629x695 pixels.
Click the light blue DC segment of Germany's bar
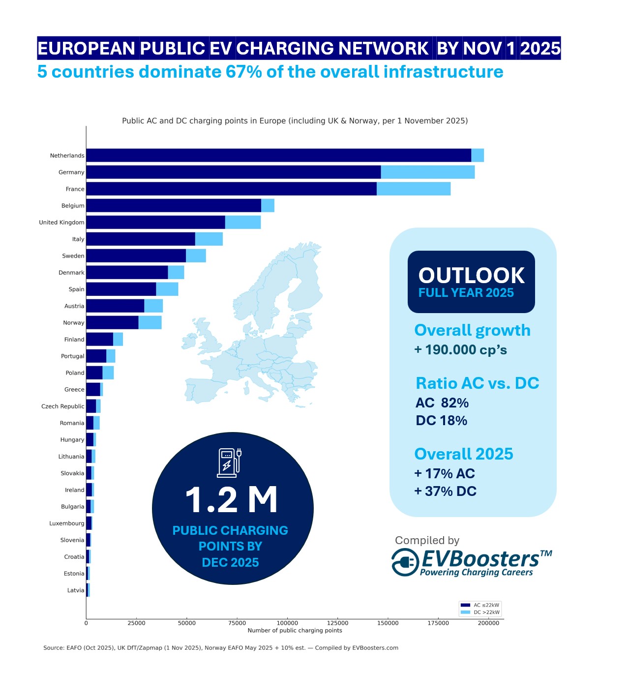[x=427, y=172]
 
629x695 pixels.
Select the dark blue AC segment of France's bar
[x=231, y=189]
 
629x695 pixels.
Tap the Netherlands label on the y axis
[x=67, y=156]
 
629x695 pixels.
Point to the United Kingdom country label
[x=62, y=223]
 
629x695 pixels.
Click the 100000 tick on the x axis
[x=287, y=623]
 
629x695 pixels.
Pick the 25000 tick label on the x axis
[x=136, y=623]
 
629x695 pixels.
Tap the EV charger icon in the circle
[x=229, y=463]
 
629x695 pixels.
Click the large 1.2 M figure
[x=231, y=500]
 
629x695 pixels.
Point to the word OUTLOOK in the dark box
[x=471, y=276]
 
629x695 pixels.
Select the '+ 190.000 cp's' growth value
[x=460, y=350]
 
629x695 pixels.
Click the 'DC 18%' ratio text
[x=441, y=421]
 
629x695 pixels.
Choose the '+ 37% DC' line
[x=446, y=492]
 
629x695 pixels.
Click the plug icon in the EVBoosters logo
[x=405, y=562]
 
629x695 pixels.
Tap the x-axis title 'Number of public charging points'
[x=295, y=631]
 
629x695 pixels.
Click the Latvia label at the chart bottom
[x=76, y=590]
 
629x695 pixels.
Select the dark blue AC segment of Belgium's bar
[x=173, y=205]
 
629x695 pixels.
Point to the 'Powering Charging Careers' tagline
[x=476, y=573]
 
